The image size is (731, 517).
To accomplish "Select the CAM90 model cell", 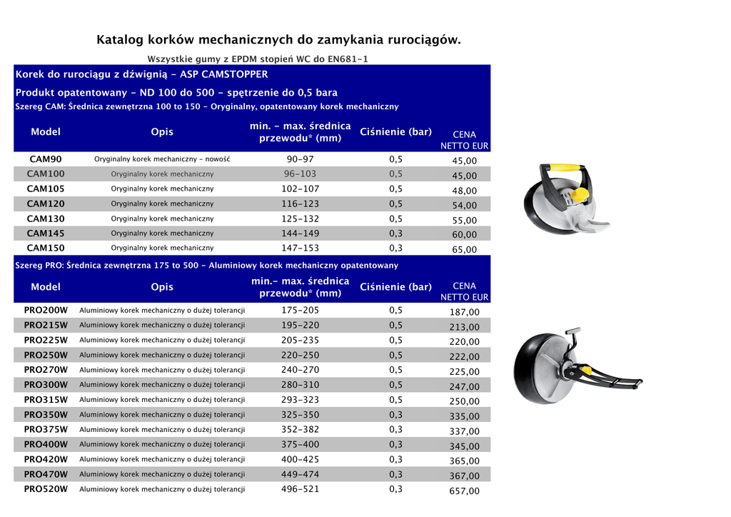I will (46, 159).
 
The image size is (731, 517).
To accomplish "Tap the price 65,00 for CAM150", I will (464, 250).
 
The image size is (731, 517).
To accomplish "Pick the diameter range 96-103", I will (300, 174).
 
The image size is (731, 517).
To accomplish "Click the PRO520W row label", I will (46, 490).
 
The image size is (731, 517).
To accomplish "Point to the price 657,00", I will (464, 491).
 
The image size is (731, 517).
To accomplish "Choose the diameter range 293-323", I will (300, 400).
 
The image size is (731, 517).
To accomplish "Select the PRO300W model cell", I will (46, 385).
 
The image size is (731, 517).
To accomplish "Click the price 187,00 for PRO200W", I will (464, 313).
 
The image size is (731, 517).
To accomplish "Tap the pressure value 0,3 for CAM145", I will (395, 234).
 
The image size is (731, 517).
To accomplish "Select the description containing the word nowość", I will (162, 159).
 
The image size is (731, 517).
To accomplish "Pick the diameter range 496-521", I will (300, 490).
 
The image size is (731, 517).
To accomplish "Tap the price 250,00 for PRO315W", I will (464, 401).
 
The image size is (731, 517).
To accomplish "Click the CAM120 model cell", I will (46, 204).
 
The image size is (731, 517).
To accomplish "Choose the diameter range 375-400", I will (300, 445).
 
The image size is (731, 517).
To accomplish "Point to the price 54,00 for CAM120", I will (464, 206).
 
